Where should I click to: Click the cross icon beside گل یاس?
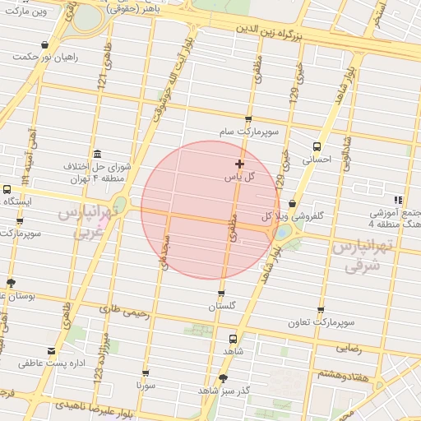coord(239,164)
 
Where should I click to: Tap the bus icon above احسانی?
coord(317,146)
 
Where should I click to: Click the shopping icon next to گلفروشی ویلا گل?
coord(293,205)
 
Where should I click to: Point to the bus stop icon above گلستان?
coord(221,294)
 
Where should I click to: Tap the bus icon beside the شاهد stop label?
coord(233,338)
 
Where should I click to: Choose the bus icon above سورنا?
coord(146,372)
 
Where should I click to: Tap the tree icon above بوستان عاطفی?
coord(11,283)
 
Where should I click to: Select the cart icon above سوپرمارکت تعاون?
coord(321,309)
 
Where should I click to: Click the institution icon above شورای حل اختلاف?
coord(98,153)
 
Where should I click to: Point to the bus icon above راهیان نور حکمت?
coord(44,45)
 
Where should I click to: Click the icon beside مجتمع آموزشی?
coord(399,200)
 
